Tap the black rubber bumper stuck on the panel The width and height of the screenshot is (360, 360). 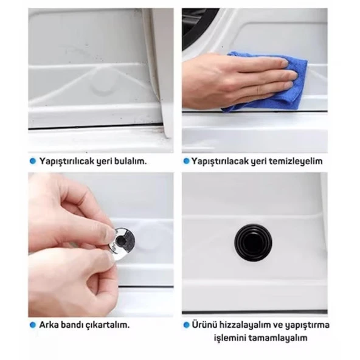(253, 243)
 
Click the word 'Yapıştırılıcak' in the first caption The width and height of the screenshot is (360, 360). (66, 161)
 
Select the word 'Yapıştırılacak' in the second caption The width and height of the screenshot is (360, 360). (219, 161)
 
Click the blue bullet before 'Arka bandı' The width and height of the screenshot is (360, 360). (33, 325)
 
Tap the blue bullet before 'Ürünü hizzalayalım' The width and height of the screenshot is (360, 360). (186, 325)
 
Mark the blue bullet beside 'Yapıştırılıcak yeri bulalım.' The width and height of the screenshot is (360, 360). (33, 161)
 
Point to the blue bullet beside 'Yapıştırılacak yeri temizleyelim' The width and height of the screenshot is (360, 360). (186, 161)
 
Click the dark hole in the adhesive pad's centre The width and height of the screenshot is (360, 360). (120, 241)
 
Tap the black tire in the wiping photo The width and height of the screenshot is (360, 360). (198, 26)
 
